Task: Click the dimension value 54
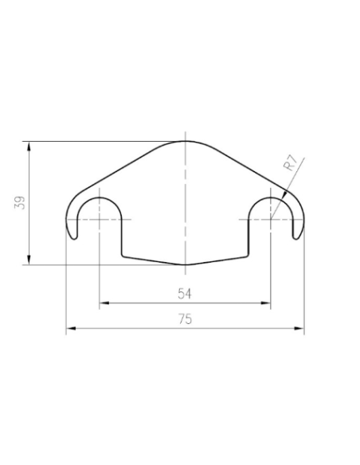coord(184,293)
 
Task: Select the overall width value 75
coord(185,319)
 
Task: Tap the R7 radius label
coord(291,166)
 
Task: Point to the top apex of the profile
coord(185,141)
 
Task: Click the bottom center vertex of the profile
coord(185,264)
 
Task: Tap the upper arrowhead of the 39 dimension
coord(29,145)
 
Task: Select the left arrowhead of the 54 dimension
coord(103,303)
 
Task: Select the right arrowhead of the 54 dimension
coord(268,303)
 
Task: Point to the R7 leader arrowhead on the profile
coord(283,197)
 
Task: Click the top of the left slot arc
coord(100,196)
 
